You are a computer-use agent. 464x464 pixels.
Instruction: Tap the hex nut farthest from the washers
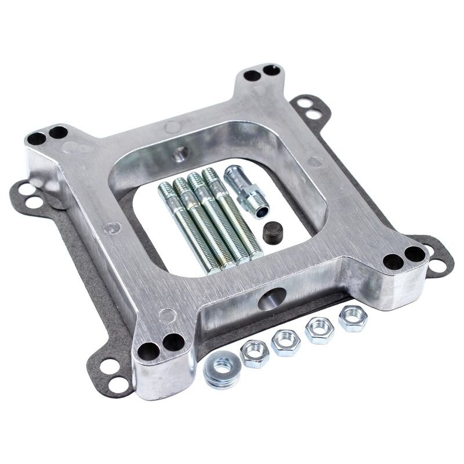(x=352, y=318)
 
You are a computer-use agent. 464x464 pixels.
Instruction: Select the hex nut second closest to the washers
(x=285, y=342)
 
